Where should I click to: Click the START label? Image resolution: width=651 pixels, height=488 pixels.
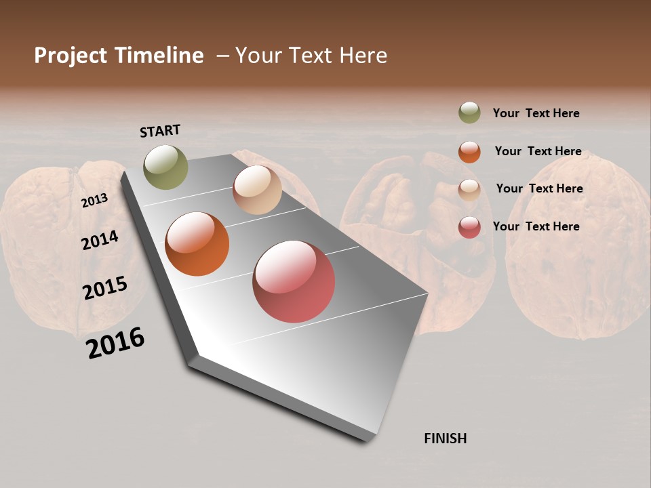(160, 131)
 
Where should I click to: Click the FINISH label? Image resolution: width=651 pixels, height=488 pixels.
(446, 439)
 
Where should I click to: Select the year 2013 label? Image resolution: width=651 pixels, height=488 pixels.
(95, 200)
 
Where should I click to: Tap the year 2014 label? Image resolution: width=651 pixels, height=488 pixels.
(100, 240)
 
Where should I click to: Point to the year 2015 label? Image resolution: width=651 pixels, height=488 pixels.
(105, 287)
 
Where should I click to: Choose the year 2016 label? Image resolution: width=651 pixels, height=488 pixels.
(115, 342)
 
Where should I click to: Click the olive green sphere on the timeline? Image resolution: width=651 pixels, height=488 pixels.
(165, 167)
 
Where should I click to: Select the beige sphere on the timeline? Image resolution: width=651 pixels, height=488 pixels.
(257, 190)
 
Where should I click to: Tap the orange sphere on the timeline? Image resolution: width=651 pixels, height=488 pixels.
(197, 244)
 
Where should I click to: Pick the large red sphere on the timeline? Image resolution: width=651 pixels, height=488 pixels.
(294, 281)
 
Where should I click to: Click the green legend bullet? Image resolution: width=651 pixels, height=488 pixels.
(469, 113)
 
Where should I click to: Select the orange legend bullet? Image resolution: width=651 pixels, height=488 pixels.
(469, 152)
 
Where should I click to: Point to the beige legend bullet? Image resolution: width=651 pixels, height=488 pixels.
(469, 189)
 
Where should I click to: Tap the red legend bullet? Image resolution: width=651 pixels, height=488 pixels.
(469, 227)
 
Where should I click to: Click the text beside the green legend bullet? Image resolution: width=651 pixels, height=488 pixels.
(536, 113)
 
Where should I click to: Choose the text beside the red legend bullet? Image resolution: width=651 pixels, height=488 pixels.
(536, 226)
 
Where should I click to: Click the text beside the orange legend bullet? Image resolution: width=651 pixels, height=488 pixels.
(538, 151)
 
